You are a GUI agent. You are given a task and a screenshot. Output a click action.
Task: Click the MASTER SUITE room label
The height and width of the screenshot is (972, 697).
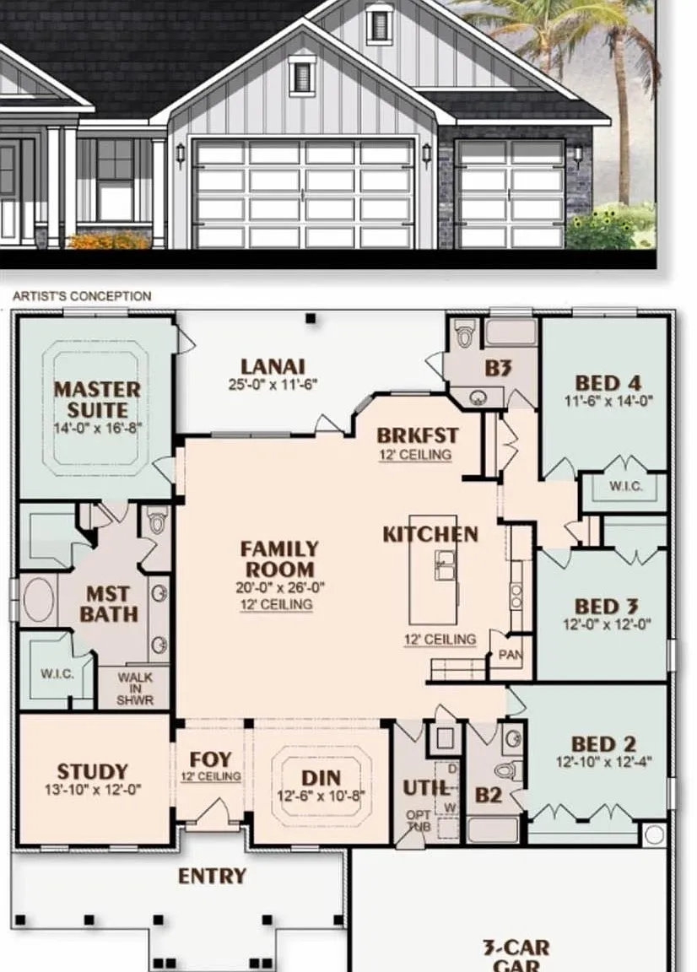[x=97, y=400]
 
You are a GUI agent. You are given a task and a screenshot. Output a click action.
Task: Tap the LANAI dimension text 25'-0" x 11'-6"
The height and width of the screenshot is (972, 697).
[x=273, y=385]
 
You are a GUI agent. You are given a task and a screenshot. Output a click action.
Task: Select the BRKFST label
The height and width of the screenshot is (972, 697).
[x=418, y=435]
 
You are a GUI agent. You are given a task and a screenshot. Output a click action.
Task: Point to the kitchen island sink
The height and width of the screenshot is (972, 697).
[x=446, y=564]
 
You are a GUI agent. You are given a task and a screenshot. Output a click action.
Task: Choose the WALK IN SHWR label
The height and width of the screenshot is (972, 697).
[x=135, y=689]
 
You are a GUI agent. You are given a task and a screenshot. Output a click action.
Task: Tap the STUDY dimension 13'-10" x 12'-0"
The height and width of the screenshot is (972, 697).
[x=93, y=790]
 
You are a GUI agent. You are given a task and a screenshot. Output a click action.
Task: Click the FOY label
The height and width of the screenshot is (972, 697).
[x=210, y=759]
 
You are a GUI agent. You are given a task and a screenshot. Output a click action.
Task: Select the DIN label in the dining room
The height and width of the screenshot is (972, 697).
[x=321, y=778]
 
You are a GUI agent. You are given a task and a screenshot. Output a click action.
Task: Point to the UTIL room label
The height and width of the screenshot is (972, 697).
[x=427, y=788]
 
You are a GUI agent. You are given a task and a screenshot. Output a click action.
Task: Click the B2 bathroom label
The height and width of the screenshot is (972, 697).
[x=488, y=795]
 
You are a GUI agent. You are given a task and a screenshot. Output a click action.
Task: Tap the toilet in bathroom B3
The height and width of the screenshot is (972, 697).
[x=464, y=334]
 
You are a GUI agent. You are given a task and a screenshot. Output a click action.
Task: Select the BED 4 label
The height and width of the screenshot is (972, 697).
[x=608, y=382]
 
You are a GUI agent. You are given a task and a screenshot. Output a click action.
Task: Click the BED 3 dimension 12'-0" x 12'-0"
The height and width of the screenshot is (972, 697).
[x=607, y=624]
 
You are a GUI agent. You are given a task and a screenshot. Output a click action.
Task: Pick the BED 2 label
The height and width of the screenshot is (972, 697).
[x=603, y=743]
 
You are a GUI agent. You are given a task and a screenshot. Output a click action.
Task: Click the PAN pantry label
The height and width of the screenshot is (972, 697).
[x=511, y=655]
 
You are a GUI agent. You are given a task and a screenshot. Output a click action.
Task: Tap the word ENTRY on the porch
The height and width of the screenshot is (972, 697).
[x=212, y=876]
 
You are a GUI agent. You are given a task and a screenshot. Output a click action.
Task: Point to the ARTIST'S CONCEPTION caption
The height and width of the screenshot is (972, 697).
[x=82, y=296]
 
